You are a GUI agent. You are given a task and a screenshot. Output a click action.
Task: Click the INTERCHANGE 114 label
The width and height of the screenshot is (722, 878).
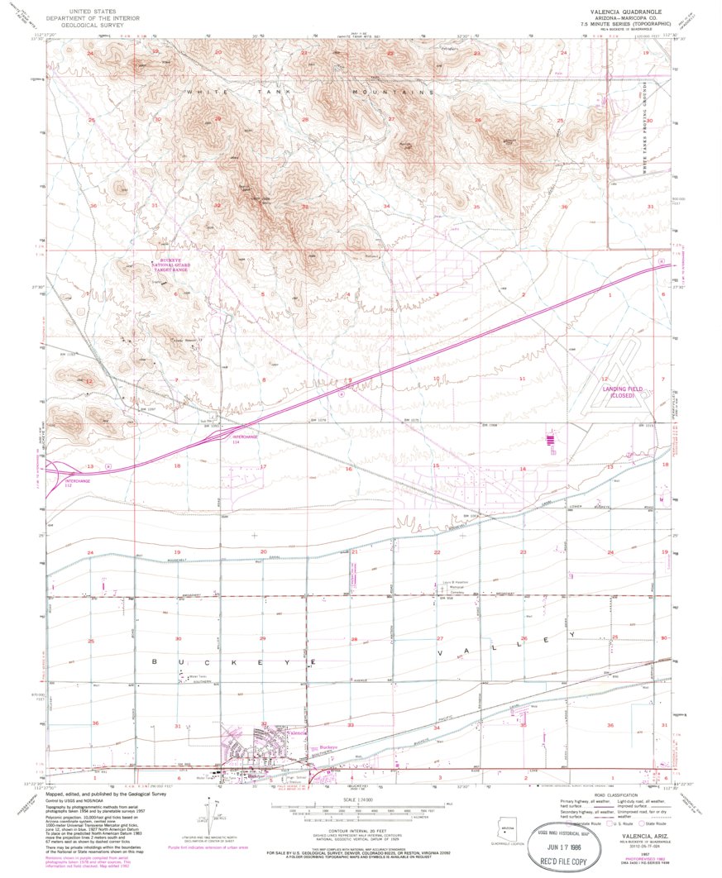point(245,438)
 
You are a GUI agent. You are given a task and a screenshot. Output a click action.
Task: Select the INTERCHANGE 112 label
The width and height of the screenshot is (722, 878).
point(78,481)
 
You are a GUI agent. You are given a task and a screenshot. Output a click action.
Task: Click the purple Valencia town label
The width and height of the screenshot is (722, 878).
point(297,732)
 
